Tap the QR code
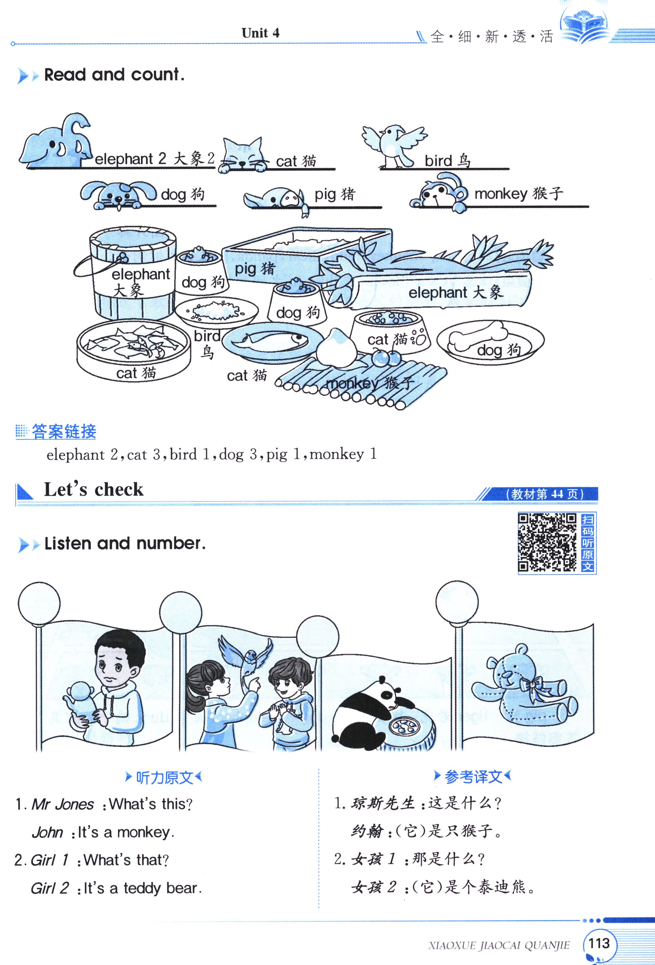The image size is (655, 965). tap(547, 542)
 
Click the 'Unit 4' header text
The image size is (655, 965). tap(261, 33)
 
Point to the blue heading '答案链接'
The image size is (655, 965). tap(64, 432)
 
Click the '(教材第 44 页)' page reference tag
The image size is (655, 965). tap(545, 494)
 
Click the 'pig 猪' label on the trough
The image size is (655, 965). tap(255, 269)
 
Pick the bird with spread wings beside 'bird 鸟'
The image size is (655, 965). tap(394, 145)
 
